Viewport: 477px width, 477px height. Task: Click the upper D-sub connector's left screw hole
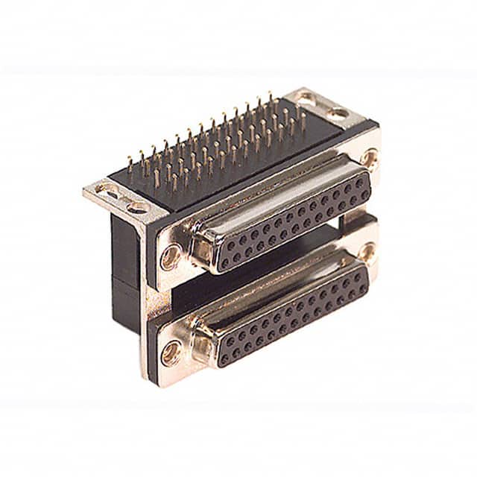(x=171, y=257)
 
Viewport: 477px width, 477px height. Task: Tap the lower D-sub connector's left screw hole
(x=173, y=350)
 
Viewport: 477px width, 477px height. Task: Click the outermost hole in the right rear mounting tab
(x=339, y=113)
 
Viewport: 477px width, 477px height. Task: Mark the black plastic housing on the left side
(x=127, y=253)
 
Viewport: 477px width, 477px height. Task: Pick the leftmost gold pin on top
(x=128, y=165)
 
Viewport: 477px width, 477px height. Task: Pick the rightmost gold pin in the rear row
(x=302, y=119)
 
